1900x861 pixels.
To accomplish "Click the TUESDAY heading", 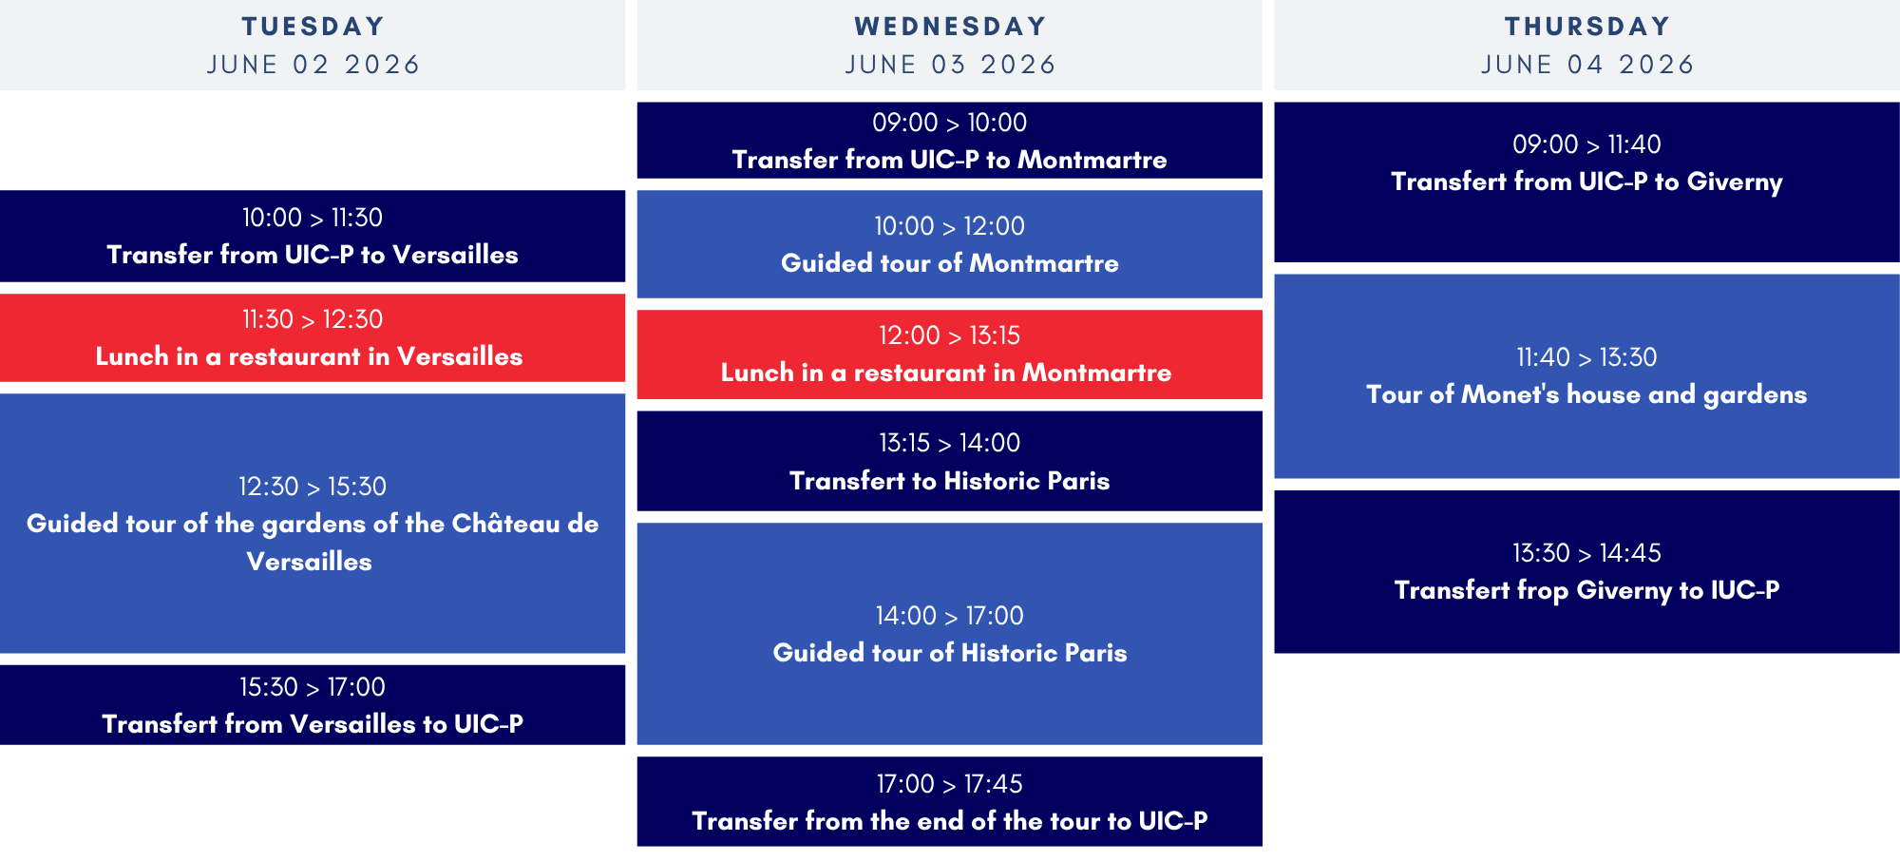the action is (313, 27).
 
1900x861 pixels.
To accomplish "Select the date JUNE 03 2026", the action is (950, 65).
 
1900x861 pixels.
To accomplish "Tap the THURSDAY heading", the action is (1586, 27).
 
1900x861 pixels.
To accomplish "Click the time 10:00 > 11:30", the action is (313, 218).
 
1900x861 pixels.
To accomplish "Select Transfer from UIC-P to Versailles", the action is (313, 255).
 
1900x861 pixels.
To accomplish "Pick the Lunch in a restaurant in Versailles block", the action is (313, 337).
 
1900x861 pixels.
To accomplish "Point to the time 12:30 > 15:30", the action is (313, 487).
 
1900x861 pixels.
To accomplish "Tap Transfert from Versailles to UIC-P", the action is (313, 724).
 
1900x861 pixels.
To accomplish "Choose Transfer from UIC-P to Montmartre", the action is (950, 160).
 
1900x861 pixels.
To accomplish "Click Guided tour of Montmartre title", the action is (950, 263).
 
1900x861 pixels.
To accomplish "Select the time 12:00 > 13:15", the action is (950, 335).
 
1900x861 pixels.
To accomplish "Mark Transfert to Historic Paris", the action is (950, 481).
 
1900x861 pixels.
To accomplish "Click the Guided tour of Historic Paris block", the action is (950, 634).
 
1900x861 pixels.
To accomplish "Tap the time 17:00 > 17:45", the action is (950, 784).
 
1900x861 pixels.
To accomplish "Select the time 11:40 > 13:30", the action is (1586, 357).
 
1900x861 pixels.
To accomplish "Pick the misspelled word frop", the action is (1542, 591).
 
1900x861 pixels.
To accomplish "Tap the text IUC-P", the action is (1745, 590).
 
